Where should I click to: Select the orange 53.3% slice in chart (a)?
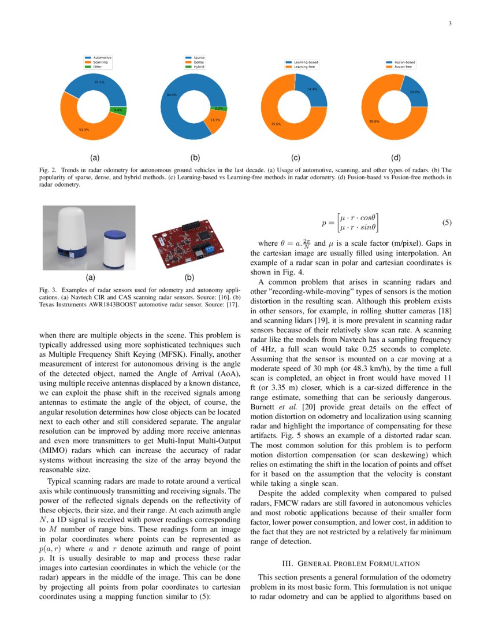pyautogui.click(x=84, y=124)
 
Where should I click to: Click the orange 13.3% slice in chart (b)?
pyautogui.click(x=215, y=120)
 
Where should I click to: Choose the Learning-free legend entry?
pyautogui.click(x=306, y=66)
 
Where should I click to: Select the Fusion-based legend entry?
pyautogui.click(x=404, y=62)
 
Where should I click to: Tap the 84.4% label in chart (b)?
pyautogui.click(x=172, y=94)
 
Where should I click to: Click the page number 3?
pyautogui.click(x=449, y=24)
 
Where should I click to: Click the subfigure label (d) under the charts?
pyautogui.click(x=396, y=157)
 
